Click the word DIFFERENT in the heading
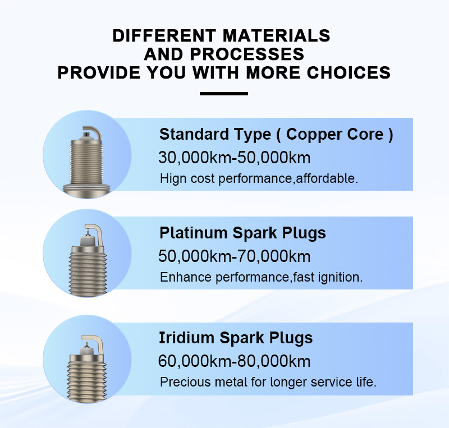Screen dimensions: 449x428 pyautogui.click(x=164, y=36)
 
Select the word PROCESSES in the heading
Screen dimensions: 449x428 pyautogui.click(x=246, y=54)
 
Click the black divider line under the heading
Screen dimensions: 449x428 pyautogui.click(x=224, y=94)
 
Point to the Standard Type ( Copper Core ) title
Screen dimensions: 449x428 pyautogui.click(x=276, y=134)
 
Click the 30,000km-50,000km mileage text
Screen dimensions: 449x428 pyautogui.click(x=234, y=158)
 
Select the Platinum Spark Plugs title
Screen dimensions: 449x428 pyautogui.click(x=242, y=233)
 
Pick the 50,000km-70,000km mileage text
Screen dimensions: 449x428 pyautogui.click(x=234, y=256)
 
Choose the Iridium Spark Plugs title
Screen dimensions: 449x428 pyautogui.click(x=236, y=338)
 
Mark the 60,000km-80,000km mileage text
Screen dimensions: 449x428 pyautogui.click(x=234, y=361)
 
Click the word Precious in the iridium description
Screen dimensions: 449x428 pyautogui.click(x=185, y=382)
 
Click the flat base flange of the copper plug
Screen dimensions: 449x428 pyautogui.click(x=86, y=190)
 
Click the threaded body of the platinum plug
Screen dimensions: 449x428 pyautogui.click(x=88, y=270)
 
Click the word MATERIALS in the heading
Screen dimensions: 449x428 pyautogui.click(x=276, y=36)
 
